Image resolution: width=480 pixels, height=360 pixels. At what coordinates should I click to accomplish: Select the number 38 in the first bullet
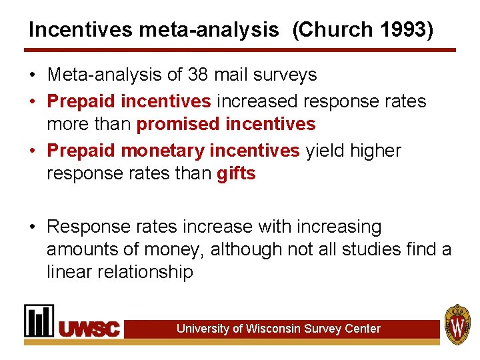tap(199, 75)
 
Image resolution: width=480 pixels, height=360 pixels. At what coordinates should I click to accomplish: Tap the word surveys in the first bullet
tap(289, 75)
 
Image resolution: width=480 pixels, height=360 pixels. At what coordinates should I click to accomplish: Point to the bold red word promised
tap(177, 124)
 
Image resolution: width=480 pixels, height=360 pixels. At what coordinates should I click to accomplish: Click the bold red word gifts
tap(236, 173)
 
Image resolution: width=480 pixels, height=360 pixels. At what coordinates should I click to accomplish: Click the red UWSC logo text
tap(91, 329)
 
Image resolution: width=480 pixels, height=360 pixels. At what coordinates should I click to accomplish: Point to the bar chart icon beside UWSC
tap(39, 321)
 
